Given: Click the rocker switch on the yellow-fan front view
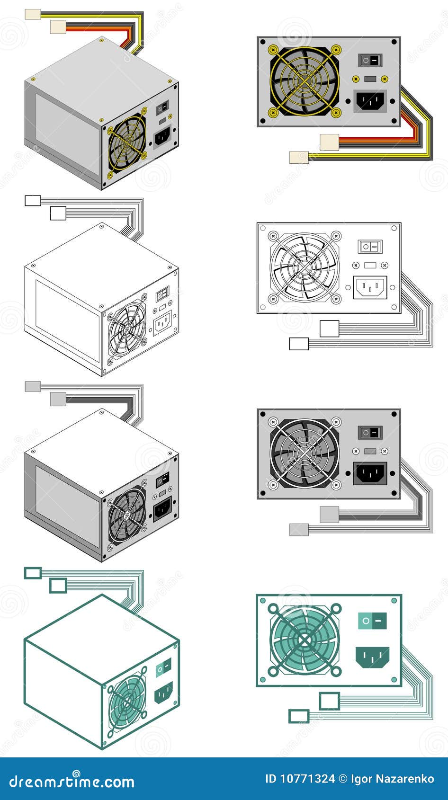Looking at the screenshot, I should [370, 60].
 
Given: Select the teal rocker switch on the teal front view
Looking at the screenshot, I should [372, 621].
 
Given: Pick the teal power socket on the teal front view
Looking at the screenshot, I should [372, 657].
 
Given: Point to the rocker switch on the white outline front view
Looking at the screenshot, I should [370, 247].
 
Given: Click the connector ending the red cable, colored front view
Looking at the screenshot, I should [329, 142].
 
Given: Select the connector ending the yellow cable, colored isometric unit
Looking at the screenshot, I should [33, 14].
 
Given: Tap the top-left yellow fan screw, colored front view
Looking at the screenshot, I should [273, 49].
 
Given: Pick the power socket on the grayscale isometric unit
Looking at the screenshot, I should [162, 510].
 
